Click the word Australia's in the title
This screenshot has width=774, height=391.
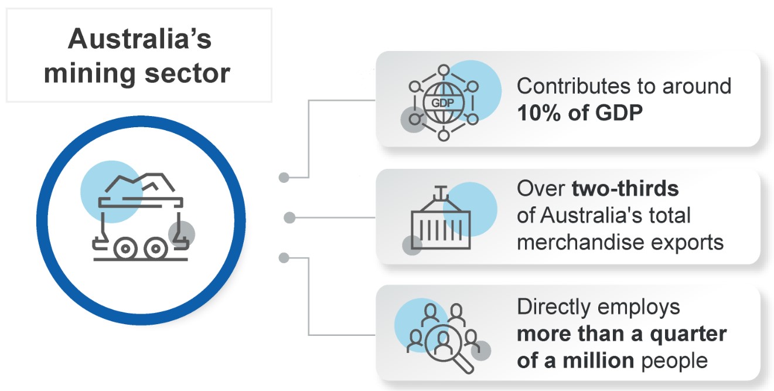pyautogui.click(x=139, y=40)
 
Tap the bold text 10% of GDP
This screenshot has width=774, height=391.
pyautogui.click(x=579, y=113)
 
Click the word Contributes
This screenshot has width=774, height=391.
pyautogui.click(x=578, y=86)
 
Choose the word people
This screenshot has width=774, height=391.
pyautogui.click(x=674, y=360)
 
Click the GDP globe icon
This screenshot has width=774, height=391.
pyautogui.click(x=444, y=103)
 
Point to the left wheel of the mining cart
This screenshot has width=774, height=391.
pyautogui.click(x=125, y=249)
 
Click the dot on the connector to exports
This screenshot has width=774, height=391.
pyautogui.click(x=289, y=218)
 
